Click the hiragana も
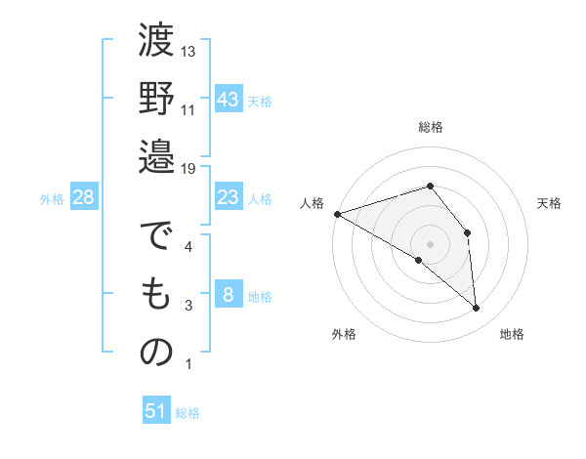coord(156,297)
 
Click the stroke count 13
coord(189,51)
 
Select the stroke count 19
coord(189,169)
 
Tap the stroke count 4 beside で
coord(189,247)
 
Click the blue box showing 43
coord(229,99)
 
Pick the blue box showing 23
coord(229,197)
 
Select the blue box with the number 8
coord(229,295)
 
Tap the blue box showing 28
coord(84,197)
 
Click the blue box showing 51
coord(156,411)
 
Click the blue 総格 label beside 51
coord(188,413)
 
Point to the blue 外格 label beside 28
coord(52,199)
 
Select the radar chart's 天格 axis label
coord(550,203)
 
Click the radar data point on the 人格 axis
coord(337,213)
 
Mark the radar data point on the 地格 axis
coord(477,309)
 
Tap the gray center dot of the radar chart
coord(430,243)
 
